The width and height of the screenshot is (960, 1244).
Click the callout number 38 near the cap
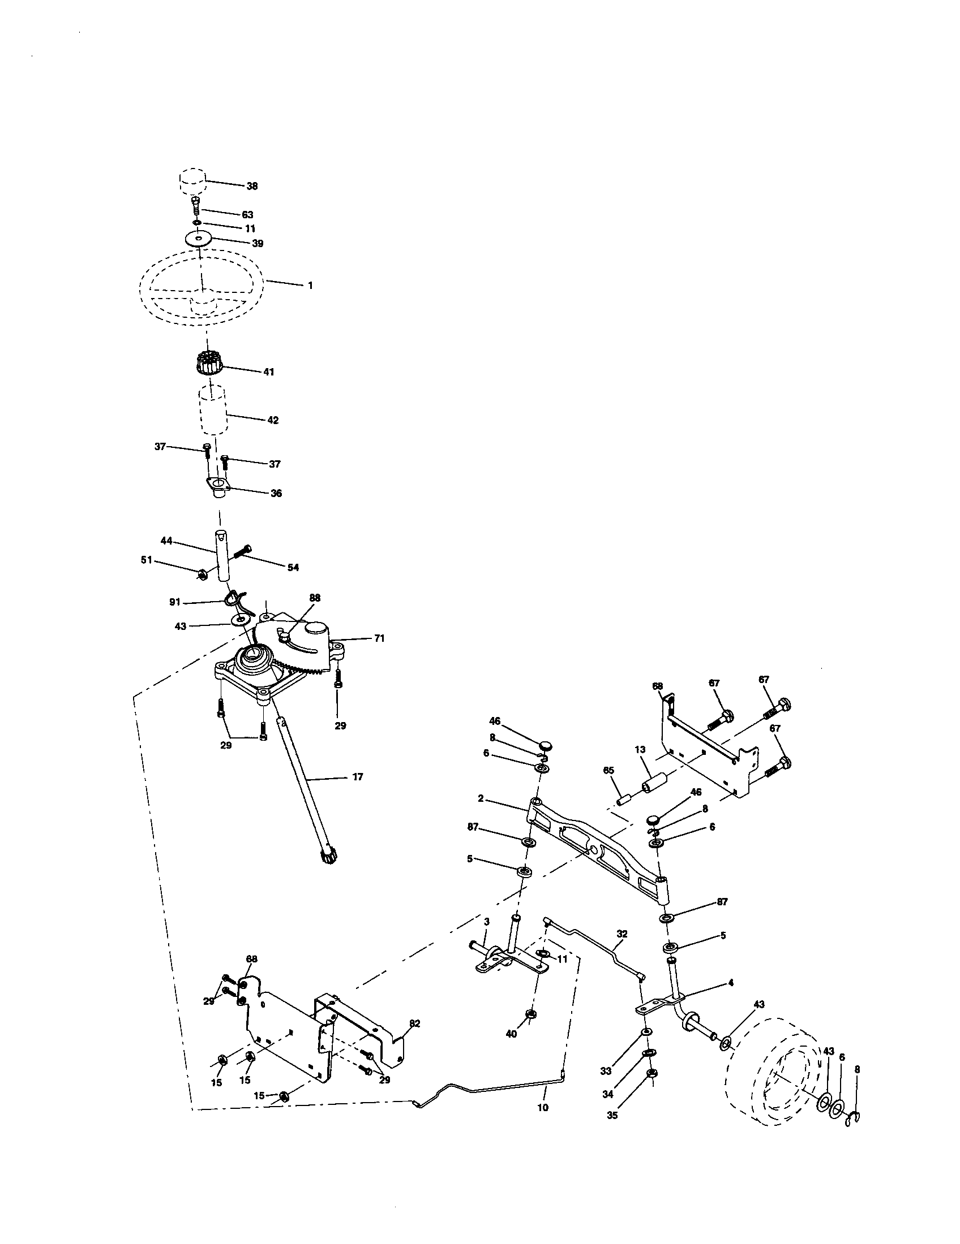[x=251, y=186]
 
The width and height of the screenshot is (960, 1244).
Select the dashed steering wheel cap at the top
[x=192, y=181]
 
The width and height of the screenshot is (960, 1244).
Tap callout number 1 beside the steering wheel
[x=310, y=286]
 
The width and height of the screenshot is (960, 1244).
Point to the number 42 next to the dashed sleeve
[x=272, y=420]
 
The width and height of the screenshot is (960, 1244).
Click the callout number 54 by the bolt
[x=293, y=567]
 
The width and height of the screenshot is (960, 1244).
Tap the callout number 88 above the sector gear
[x=315, y=598]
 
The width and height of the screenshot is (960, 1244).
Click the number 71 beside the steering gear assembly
[x=379, y=638]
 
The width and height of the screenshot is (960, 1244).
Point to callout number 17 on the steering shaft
[x=357, y=776]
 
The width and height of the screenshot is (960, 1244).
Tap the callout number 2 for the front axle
[x=481, y=798]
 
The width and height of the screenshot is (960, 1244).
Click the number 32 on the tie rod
[x=622, y=934]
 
